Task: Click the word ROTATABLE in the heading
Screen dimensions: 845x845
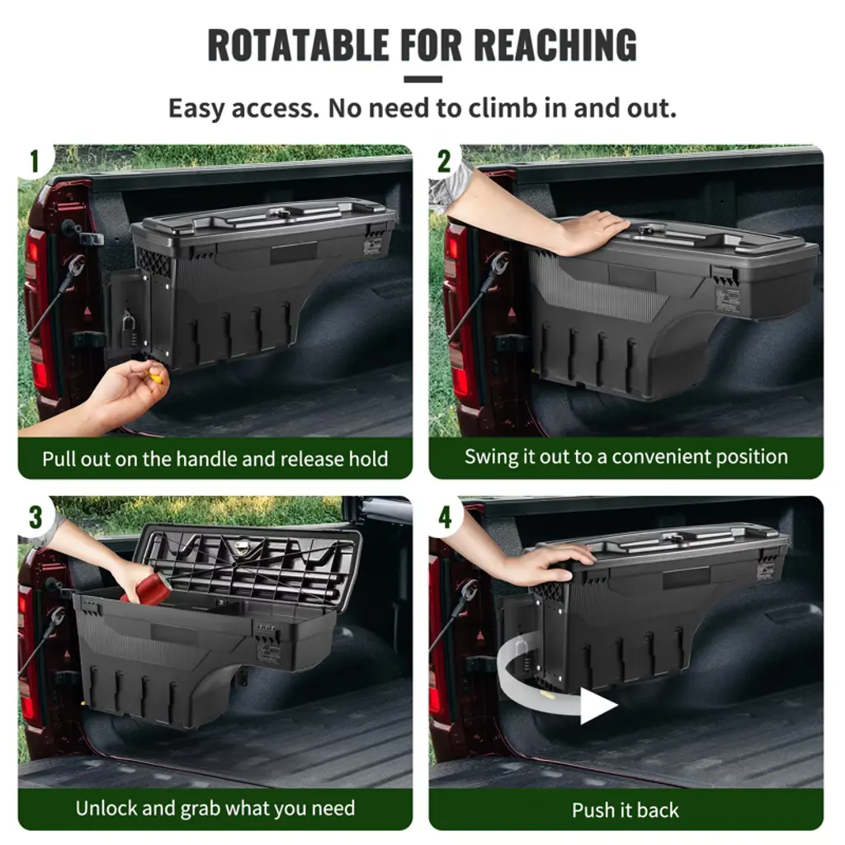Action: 298,45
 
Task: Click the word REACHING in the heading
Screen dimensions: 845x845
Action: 555,45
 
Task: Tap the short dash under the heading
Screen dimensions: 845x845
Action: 422,79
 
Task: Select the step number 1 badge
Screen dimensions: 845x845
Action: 35,161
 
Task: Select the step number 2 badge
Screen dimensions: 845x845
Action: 444,161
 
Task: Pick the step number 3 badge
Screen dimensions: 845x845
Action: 35,518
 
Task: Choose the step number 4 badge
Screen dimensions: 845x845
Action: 445,518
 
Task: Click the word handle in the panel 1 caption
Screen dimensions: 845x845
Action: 207,459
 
